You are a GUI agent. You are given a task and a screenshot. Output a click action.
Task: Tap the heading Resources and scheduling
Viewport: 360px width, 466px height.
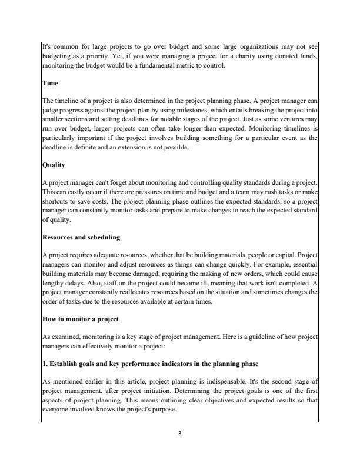[81, 238]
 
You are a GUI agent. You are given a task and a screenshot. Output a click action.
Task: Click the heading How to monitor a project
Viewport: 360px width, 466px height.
[77, 319]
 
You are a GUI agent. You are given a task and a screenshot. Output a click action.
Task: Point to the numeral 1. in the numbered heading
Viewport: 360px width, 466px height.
[45, 364]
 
